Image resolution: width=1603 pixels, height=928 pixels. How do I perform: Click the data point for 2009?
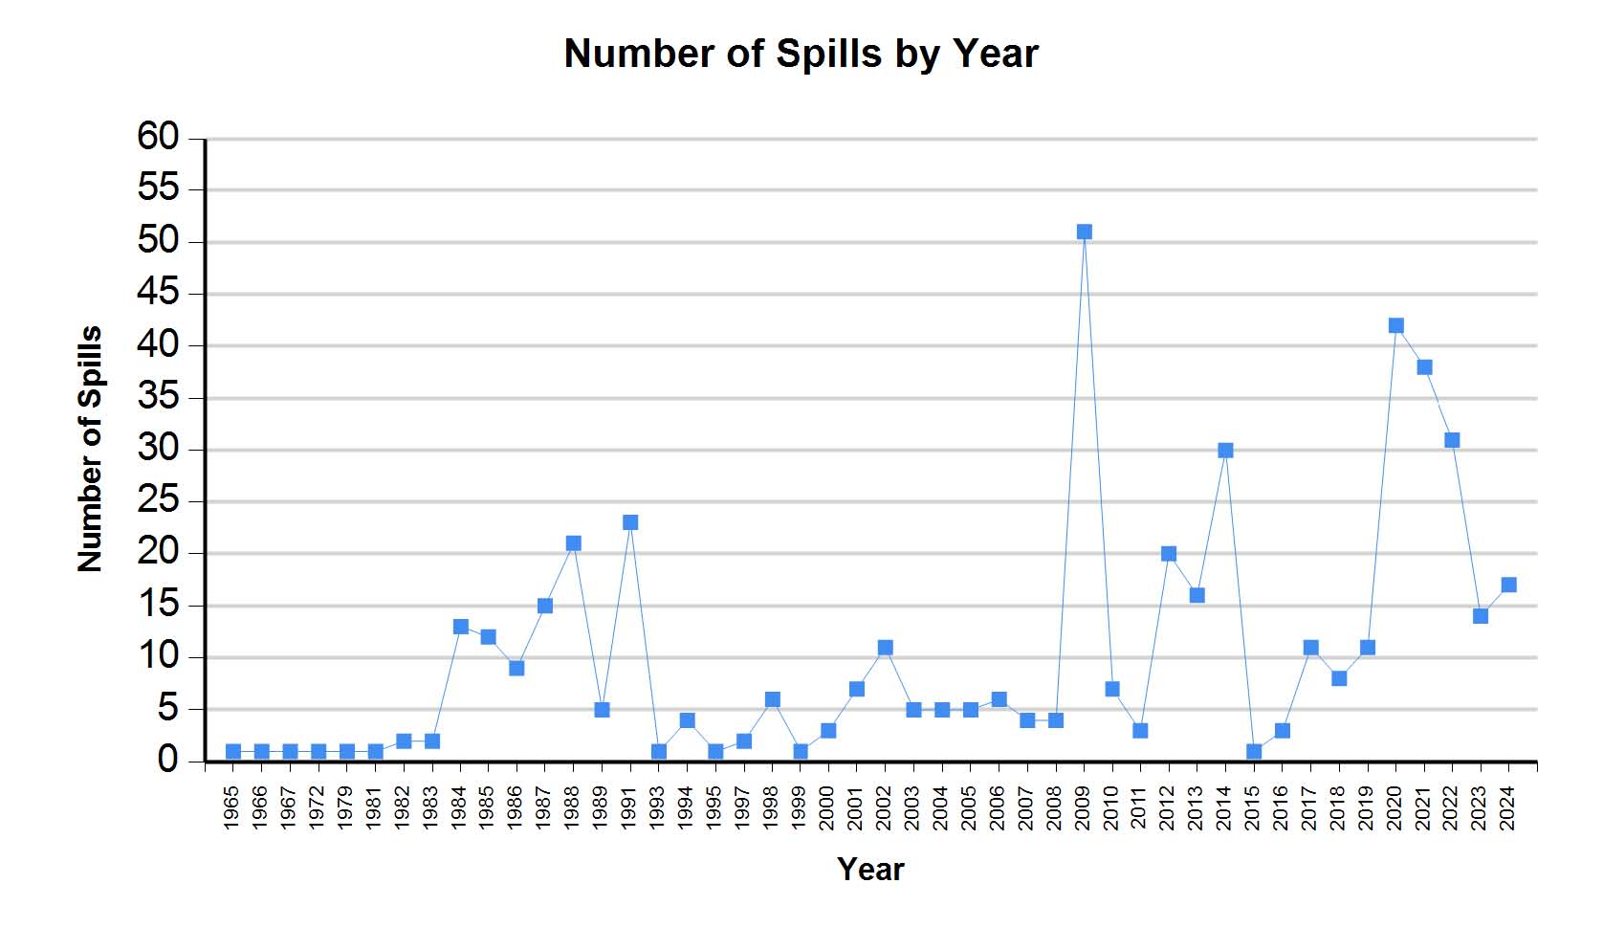click(x=1084, y=232)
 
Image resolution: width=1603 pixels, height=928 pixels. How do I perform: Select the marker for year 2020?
click(x=1395, y=325)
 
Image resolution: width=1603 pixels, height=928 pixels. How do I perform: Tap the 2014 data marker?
click(x=1225, y=451)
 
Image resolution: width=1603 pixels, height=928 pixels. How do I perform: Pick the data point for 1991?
click(x=630, y=522)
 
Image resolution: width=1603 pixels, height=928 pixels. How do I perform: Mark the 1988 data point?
click(x=573, y=543)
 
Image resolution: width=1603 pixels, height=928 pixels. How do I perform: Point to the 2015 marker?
click(x=1254, y=752)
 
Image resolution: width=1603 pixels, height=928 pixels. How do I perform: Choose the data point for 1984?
click(x=460, y=627)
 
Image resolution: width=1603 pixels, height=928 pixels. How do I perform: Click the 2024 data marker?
click(x=1508, y=585)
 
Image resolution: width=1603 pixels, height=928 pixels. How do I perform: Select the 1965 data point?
click(x=233, y=752)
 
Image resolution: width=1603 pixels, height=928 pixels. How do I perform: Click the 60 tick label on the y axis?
click(x=158, y=137)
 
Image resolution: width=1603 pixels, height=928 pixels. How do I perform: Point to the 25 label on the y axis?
click(x=158, y=500)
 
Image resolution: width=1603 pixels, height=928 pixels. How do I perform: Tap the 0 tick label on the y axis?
click(x=167, y=761)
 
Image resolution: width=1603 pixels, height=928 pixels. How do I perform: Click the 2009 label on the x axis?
click(x=1083, y=808)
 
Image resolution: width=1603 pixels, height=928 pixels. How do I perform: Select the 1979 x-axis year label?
click(x=346, y=808)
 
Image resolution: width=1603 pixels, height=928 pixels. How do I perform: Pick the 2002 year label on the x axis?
click(x=884, y=808)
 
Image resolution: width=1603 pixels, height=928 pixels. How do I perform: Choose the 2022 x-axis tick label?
click(x=1451, y=808)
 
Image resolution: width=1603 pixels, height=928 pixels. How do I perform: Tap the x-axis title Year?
click(x=870, y=869)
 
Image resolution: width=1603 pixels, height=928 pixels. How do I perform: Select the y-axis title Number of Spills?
click(x=89, y=449)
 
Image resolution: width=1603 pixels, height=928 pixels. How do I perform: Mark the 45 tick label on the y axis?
click(x=158, y=293)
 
